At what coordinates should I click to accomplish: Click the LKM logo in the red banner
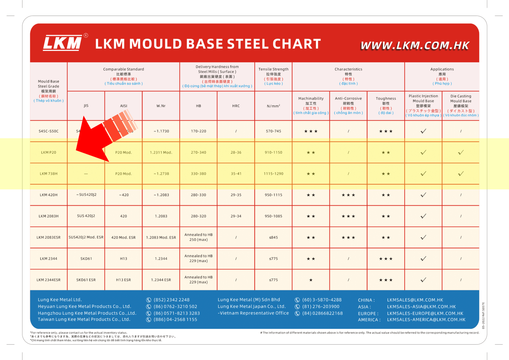pos(63,43)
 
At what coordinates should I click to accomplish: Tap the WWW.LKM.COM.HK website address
pos(415,46)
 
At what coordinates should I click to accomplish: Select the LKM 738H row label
pos(48,174)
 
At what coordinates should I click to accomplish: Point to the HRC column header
pos(236,106)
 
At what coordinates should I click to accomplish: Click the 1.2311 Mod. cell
pos(161,152)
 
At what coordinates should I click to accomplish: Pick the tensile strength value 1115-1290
pos(274,174)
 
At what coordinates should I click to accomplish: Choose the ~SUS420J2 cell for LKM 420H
pos(86,195)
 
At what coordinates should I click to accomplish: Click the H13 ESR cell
pos(123,280)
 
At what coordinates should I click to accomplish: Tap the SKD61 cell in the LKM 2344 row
pos(86,259)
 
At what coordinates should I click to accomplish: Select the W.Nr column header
pos(161,106)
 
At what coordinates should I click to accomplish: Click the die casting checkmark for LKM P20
pos(461,152)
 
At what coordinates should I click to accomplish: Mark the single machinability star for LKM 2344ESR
pos(311,280)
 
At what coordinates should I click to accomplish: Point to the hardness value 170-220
pos(198,131)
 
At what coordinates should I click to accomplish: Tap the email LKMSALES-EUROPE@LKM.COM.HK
pos(425,313)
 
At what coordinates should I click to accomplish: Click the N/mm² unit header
pos(274,106)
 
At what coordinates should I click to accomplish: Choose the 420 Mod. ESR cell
pos(123,237)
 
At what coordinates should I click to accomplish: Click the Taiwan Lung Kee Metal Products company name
pos(84,319)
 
